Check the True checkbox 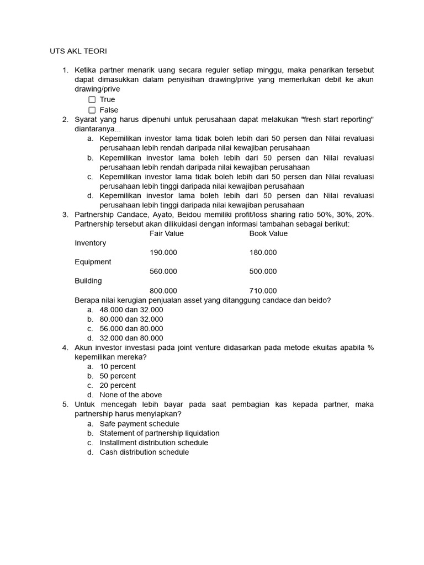click(x=92, y=100)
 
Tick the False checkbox click(x=92, y=110)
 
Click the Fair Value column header click(x=167, y=233)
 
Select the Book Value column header click(x=268, y=233)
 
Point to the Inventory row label click(x=91, y=243)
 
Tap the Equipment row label click(x=93, y=262)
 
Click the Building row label click(x=88, y=281)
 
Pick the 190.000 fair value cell click(x=163, y=253)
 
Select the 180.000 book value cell click(x=263, y=253)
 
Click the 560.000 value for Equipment click(x=163, y=271)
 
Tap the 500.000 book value click(x=263, y=271)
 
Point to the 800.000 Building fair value click(x=163, y=291)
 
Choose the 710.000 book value click(x=263, y=291)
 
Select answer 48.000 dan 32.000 click(x=131, y=310)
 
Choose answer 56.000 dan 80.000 click(x=131, y=329)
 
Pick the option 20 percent click(x=118, y=385)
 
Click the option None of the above click(x=131, y=395)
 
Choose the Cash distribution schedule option click(x=144, y=452)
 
